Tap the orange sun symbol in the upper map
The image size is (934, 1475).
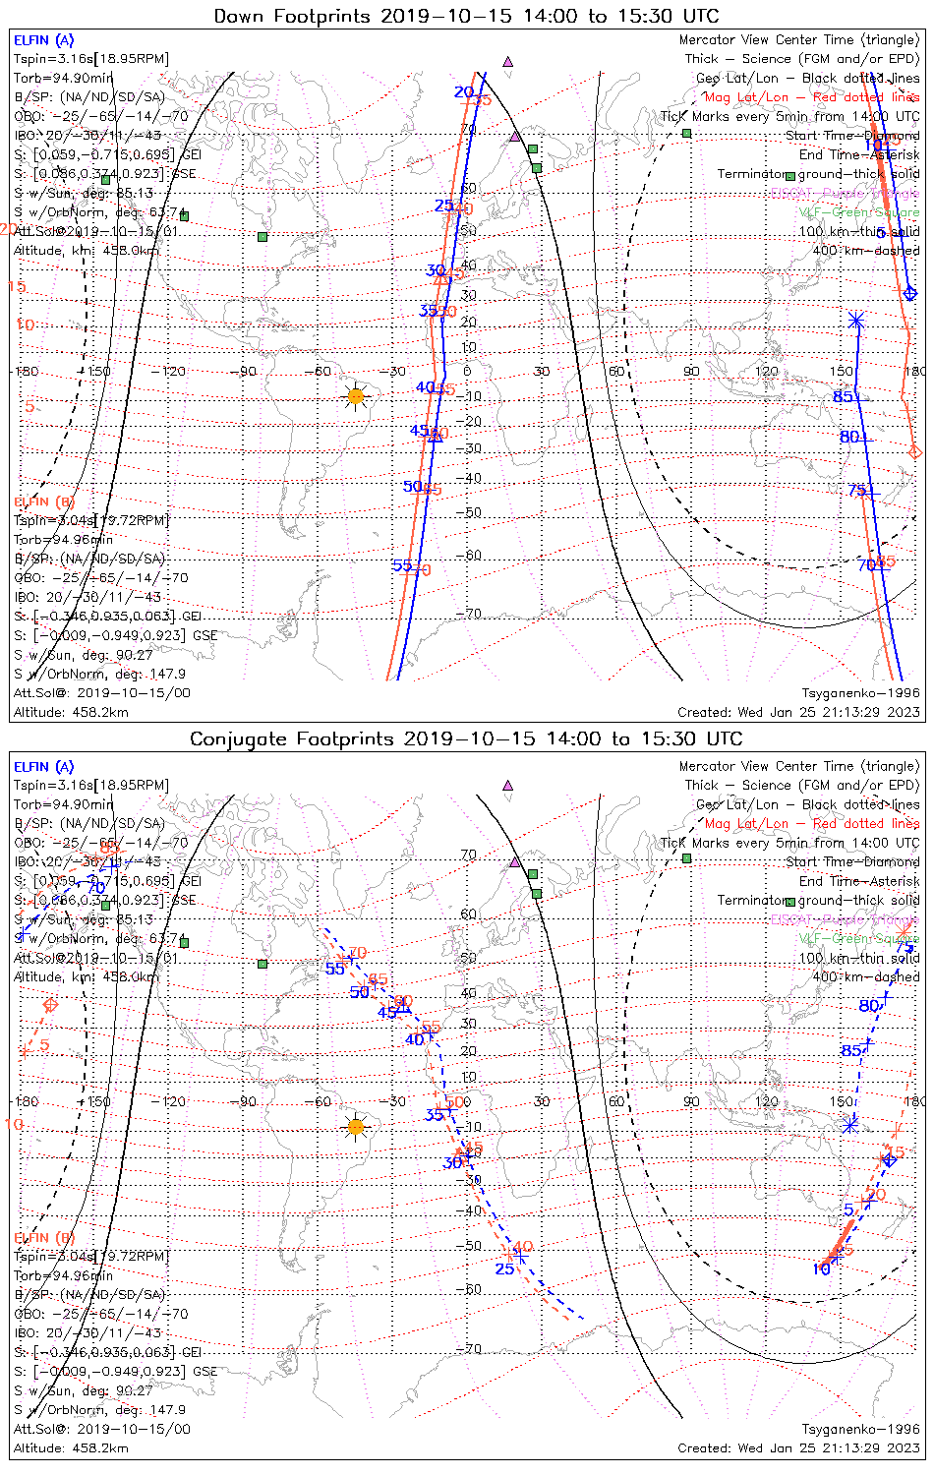[x=356, y=396]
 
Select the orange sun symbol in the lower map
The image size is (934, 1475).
[x=356, y=1126]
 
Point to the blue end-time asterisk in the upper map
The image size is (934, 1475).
[x=856, y=320]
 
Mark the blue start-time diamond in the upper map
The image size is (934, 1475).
[x=910, y=292]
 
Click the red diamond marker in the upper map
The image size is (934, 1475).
[x=915, y=451]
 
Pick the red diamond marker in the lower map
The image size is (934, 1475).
[x=50, y=1005]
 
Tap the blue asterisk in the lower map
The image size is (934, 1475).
[x=850, y=1125]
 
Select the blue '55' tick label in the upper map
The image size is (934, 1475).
[x=402, y=565]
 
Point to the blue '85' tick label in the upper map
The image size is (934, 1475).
[x=843, y=396]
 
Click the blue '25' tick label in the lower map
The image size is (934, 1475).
[x=504, y=1268]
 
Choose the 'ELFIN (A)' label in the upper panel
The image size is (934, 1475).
[x=43, y=40]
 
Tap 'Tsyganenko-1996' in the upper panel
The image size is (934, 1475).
[x=860, y=693]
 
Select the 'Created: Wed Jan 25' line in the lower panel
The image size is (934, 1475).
[x=798, y=1447]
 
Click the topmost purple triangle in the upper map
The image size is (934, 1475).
[x=508, y=61]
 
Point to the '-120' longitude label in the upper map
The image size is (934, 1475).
[x=174, y=372]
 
